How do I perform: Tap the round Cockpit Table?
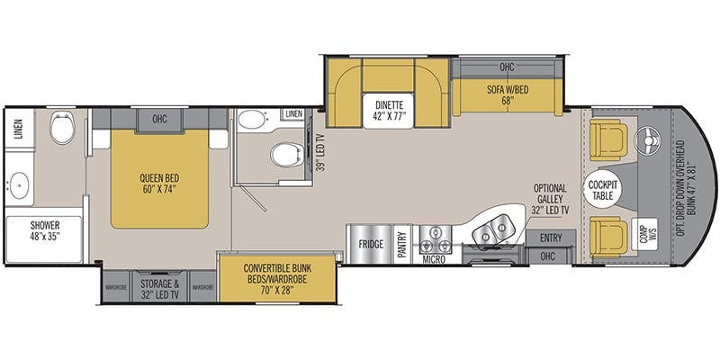pos(602,191)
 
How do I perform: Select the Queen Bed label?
pos(160,184)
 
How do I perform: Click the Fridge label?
pos(371,244)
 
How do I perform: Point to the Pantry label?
pos(402,245)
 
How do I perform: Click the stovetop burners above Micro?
pos(434,239)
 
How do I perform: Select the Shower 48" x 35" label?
pos(45,231)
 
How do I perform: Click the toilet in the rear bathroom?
pos(62,127)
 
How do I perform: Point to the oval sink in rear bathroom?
pos(19,185)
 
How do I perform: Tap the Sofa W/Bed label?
pos(508,95)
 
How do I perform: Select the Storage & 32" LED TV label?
pos(159,289)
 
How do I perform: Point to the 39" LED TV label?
pos(322,151)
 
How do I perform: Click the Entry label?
pos(551,238)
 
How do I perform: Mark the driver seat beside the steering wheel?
pos(608,139)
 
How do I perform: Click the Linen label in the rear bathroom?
pos(18,129)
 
